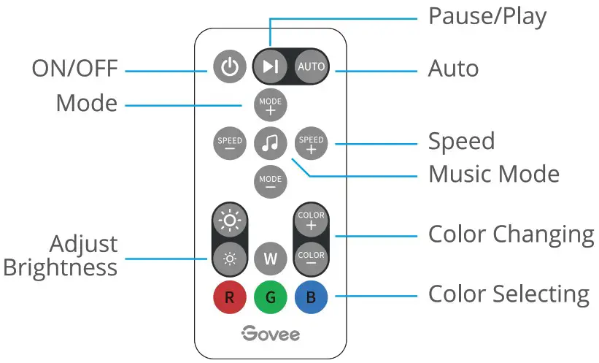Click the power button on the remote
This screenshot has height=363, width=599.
pos(230,68)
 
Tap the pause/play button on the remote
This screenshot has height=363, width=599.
pos(271,67)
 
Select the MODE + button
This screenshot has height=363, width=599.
pos(271,106)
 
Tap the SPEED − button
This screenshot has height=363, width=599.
pos(230,144)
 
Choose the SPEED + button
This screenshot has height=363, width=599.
pos(312,144)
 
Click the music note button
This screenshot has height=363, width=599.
pos(271,144)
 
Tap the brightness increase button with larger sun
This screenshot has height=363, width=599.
pos(230,220)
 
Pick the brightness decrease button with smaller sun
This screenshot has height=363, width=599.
pos(230,258)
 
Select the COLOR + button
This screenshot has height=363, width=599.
pos(312,220)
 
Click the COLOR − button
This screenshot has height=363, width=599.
pos(312,258)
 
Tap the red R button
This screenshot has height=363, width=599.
pos(230,298)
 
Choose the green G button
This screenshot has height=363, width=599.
pos(271,298)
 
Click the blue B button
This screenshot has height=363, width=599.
pos(312,298)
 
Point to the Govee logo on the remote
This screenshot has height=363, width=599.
pos(271,334)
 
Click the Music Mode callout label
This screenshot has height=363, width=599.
pos(493,175)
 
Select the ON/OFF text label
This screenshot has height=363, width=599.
pos(74,69)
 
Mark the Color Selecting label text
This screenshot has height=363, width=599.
pos(508,294)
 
